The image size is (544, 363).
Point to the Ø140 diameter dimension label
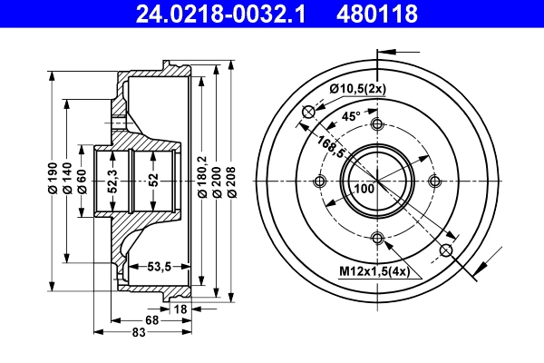pos(67,181)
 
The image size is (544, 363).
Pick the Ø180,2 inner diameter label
pos(203,181)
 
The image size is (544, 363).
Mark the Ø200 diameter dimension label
pos(218,181)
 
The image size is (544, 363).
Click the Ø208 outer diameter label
pos(232,181)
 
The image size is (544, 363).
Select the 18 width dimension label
pos(180,310)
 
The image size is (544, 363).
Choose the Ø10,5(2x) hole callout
pos(358,89)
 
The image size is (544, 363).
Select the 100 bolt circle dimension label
pos(364,189)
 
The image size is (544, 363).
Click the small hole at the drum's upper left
pos(308,112)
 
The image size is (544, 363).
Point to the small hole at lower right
pos(446,250)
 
